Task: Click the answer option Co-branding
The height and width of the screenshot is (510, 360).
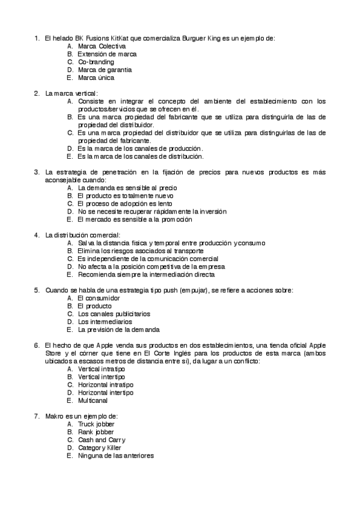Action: pos(96,61)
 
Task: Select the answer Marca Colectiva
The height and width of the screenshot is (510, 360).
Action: pos(102,46)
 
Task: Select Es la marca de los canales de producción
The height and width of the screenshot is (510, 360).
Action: pos(140,148)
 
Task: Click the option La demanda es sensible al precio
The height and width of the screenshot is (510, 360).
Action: pos(127,188)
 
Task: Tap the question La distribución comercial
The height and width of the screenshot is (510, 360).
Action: pos(83,235)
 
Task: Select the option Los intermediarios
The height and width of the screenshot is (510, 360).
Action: pos(105,321)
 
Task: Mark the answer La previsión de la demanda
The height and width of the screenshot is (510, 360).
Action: pos(118,329)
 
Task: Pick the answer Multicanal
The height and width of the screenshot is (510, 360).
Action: pos(93,400)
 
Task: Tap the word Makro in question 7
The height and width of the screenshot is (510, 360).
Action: pos(55,416)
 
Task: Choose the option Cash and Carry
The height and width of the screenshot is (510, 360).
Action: pos(102,440)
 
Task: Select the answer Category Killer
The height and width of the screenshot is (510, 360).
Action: pos(99,447)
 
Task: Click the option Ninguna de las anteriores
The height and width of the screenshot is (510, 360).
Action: pos(115,455)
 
